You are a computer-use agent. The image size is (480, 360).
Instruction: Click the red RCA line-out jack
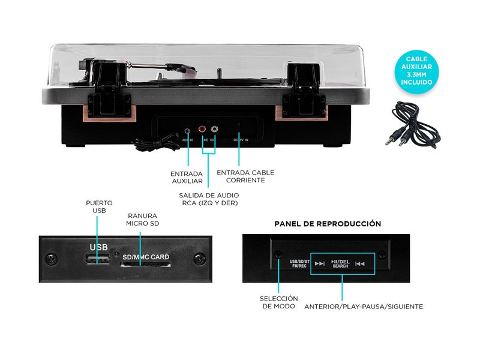[202, 128]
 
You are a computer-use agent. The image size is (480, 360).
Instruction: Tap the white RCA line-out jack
[214, 128]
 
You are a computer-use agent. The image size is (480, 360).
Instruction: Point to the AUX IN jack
[188, 129]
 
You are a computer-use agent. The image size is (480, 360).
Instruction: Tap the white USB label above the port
[98, 247]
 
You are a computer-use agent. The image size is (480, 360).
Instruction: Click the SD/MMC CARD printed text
[146, 257]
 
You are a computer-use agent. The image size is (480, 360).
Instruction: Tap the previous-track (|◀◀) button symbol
[360, 263]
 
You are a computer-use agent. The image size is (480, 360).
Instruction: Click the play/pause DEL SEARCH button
[340, 263]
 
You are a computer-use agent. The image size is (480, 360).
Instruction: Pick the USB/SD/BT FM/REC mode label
[299, 263]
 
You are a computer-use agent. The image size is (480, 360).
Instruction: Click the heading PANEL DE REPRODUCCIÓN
[328, 223]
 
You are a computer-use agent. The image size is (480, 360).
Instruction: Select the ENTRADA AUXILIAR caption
[187, 176]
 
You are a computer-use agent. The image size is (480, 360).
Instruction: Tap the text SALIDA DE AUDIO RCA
[208, 199]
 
